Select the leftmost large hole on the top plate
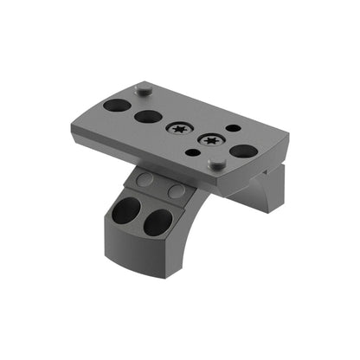click(116, 106)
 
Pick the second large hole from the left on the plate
click(146, 115)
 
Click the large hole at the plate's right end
click(243, 151)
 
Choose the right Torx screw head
click(209, 139)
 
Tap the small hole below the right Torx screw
click(193, 153)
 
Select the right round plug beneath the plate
click(177, 190)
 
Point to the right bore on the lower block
click(157, 222)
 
